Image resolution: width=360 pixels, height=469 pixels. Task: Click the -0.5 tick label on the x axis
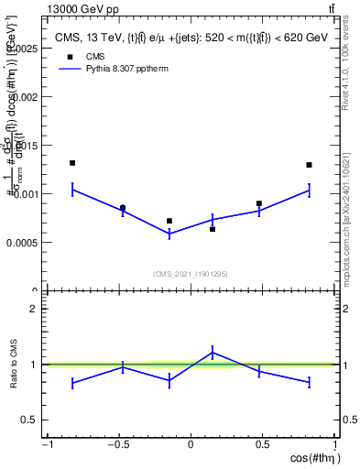116,445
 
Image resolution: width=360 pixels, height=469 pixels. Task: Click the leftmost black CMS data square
72,163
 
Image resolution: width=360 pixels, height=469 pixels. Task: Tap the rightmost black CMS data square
310,165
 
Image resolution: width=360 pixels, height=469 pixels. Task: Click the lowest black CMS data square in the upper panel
213,229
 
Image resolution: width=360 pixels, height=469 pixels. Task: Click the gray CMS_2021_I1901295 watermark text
191,274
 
